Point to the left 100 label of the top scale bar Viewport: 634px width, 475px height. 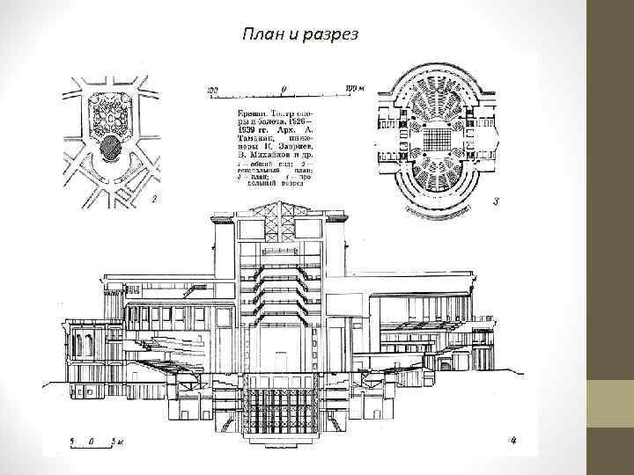pos(212,89)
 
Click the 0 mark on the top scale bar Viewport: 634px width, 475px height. pos(284,89)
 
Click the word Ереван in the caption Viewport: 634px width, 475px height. pos(254,113)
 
